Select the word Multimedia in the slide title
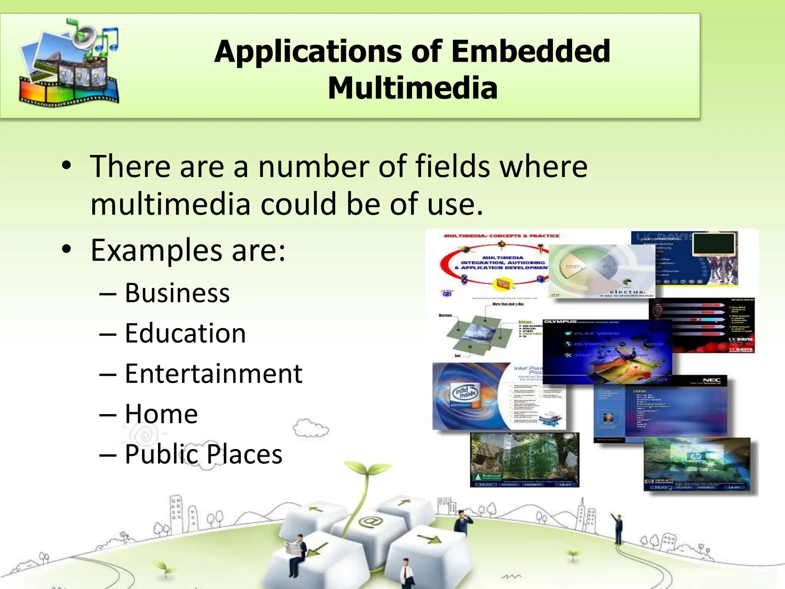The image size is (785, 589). (x=412, y=88)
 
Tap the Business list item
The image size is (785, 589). (x=177, y=293)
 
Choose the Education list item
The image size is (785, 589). (x=185, y=333)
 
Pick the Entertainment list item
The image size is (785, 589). (x=213, y=373)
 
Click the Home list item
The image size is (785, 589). (x=161, y=414)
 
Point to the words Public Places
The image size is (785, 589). (x=204, y=454)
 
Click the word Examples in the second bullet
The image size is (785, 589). (x=156, y=250)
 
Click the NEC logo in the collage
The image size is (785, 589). (x=711, y=380)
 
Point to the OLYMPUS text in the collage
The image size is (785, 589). (x=560, y=322)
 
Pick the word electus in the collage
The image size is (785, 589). (x=627, y=292)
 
